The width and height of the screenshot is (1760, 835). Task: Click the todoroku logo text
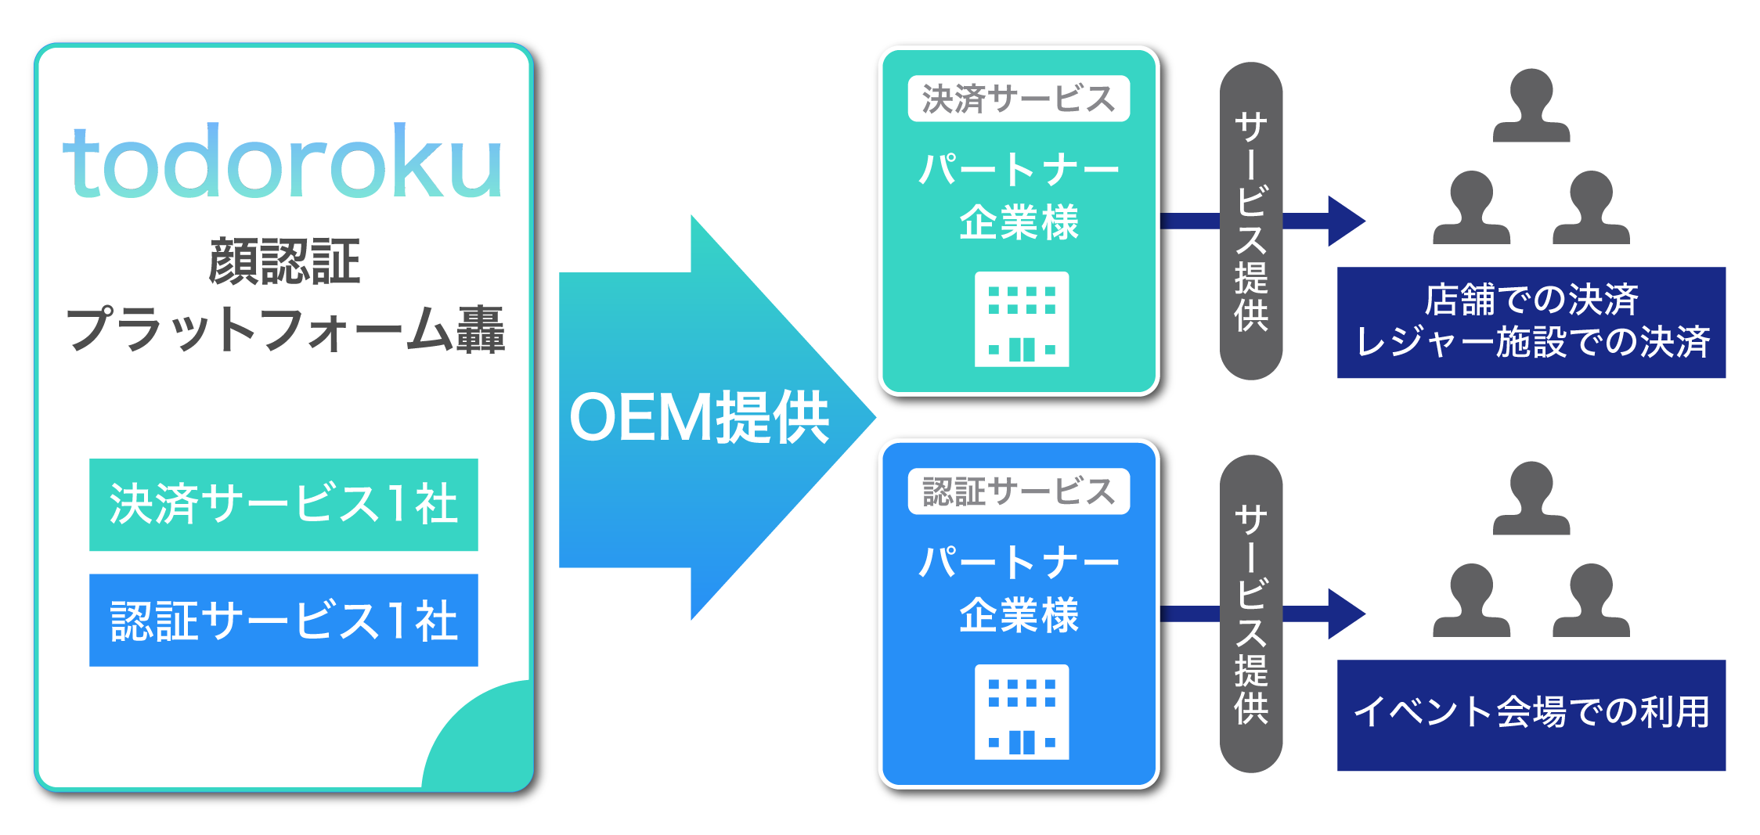point(282,162)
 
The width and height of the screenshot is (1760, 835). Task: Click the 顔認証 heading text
point(284,262)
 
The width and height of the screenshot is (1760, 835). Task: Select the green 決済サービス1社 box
point(283,505)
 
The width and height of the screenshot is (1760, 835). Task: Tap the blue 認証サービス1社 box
point(283,620)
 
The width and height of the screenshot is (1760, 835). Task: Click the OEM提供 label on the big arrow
point(698,418)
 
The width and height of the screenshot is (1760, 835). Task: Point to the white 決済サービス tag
point(1018,99)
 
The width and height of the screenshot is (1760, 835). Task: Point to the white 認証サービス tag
point(1018,491)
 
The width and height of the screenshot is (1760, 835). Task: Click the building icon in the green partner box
point(1021,319)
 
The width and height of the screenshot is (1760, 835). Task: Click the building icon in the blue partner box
point(1021,712)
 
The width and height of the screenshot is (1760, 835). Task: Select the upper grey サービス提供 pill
point(1250,221)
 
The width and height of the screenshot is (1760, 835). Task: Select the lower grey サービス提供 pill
point(1250,614)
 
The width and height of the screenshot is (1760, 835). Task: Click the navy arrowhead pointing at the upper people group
point(1345,221)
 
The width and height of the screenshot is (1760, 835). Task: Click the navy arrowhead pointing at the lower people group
point(1345,614)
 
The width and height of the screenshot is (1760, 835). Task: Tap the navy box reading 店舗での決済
point(1531,322)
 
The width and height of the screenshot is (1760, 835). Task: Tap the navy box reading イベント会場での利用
point(1531,714)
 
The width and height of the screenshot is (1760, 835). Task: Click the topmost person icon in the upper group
point(1531,106)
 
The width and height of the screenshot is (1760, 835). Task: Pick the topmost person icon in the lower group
point(1531,498)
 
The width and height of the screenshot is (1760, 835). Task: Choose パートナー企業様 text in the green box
point(1018,196)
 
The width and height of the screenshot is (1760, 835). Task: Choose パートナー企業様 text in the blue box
point(1018,588)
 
